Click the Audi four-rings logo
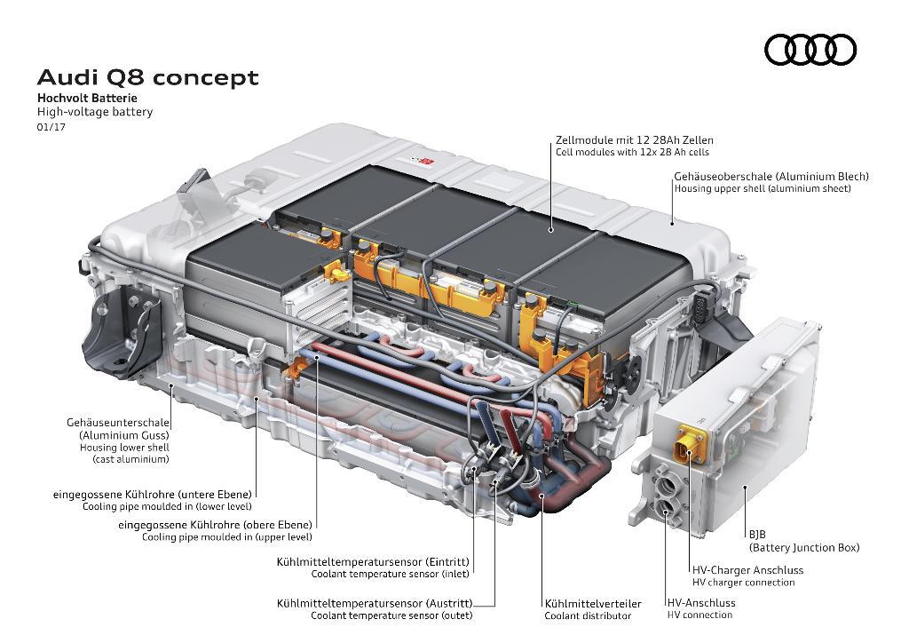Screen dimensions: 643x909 810,50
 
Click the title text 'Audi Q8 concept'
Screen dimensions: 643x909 147,78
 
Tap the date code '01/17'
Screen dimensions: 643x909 51,127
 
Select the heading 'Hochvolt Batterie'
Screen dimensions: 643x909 87,98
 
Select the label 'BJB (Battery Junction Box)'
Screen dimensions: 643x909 803,542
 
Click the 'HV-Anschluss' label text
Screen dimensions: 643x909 701,602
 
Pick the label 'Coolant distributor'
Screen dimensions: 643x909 588,615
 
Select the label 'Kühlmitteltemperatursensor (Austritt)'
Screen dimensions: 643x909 373,603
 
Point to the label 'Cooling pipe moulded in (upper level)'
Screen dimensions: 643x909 226,537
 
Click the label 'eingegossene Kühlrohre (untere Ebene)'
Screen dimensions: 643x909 154,494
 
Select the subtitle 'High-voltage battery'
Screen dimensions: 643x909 95,112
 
